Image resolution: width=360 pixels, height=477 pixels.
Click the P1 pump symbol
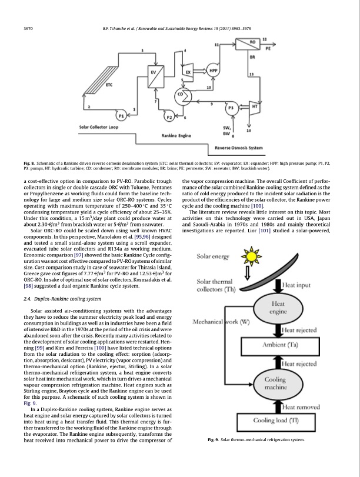(x=122, y=116)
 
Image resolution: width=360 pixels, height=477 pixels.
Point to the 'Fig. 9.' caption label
(x=215, y=456)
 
